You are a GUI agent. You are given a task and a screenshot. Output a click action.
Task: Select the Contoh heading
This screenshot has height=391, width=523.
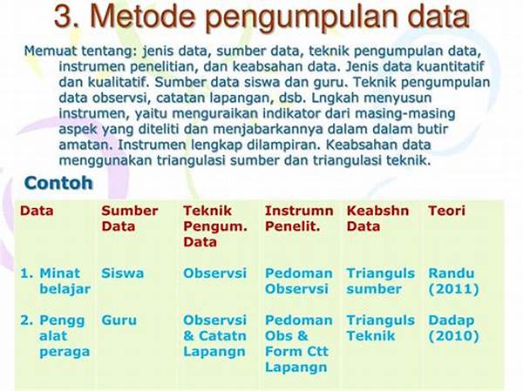click(58, 183)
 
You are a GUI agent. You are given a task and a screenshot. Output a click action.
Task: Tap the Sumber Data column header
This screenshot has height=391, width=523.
click(130, 219)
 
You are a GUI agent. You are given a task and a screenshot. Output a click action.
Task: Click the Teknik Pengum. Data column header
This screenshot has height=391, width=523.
click(215, 226)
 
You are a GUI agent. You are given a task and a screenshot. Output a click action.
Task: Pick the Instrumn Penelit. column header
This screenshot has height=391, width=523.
click(299, 219)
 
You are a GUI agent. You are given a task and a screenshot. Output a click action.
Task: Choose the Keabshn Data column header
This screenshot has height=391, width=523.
click(377, 219)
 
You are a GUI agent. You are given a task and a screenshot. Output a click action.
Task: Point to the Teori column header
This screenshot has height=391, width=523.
click(446, 211)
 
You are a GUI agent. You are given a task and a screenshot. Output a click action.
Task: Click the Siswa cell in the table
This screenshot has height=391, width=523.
click(123, 273)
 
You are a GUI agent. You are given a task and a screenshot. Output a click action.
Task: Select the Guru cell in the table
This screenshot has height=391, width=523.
click(119, 320)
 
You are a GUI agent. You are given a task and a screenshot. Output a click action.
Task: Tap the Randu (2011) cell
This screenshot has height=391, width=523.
click(453, 281)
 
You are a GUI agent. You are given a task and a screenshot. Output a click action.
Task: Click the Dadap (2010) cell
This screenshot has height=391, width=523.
click(453, 328)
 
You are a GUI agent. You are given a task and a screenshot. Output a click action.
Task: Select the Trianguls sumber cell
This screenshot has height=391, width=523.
click(381, 281)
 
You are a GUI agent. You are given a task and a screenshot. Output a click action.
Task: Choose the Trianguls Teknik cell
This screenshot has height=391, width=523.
click(381, 328)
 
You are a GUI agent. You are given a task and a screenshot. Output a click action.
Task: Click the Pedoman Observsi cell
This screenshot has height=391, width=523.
click(298, 281)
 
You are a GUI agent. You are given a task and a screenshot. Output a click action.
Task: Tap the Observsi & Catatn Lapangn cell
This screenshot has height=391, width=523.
click(214, 335)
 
